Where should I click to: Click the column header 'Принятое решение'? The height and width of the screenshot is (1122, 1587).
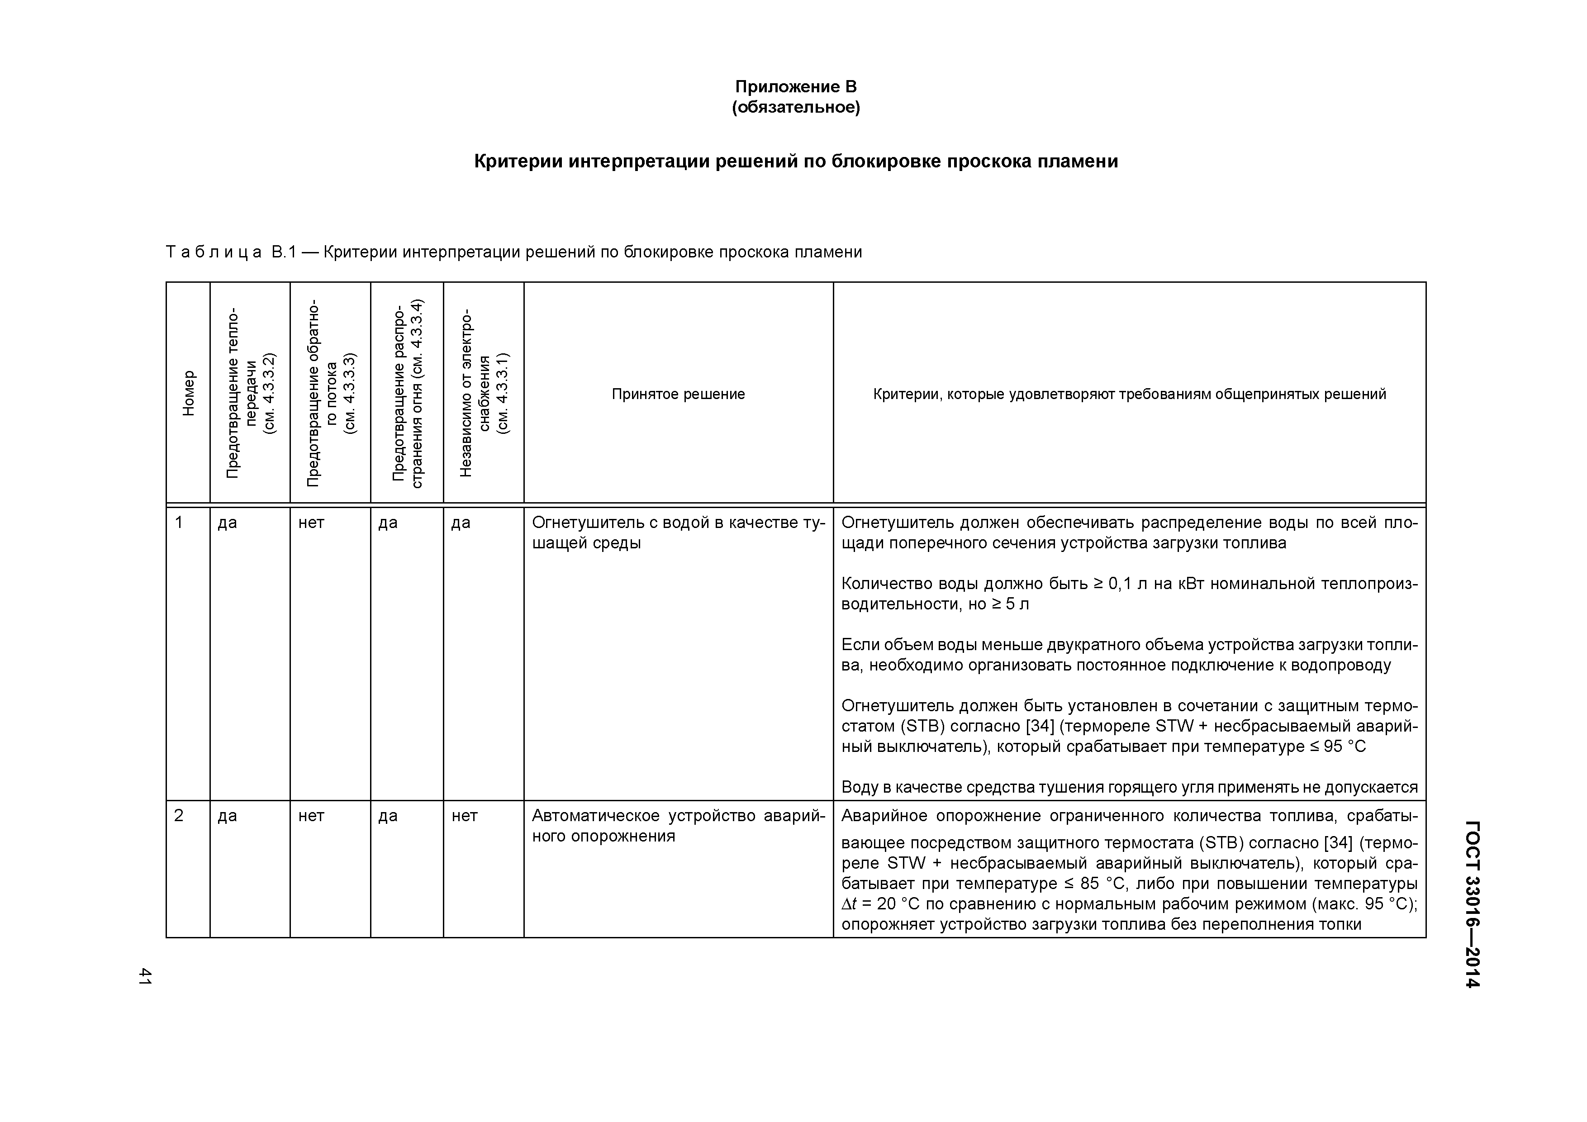tap(678, 394)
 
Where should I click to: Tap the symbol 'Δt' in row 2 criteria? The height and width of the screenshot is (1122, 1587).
tap(850, 904)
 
